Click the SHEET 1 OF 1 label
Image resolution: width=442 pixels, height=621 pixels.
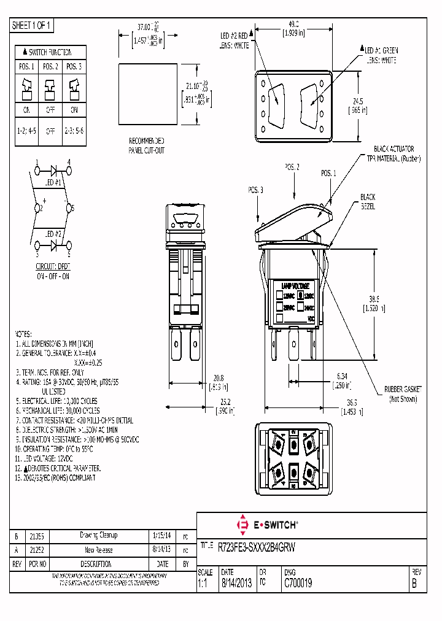33,25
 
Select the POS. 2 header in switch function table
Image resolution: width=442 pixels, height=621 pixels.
50,66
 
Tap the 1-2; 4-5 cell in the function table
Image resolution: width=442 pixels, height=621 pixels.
27,131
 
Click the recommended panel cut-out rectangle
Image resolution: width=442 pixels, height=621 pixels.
147,92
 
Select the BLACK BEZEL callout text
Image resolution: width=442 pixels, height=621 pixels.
368,201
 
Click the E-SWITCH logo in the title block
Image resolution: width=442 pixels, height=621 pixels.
266,525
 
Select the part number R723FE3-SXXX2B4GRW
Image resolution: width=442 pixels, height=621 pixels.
257,546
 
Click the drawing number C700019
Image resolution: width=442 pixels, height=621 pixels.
298,584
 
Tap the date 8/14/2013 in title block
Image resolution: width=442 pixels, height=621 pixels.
235,584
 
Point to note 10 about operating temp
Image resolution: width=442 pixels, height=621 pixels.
54,449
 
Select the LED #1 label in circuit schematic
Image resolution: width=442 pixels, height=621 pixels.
54,182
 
